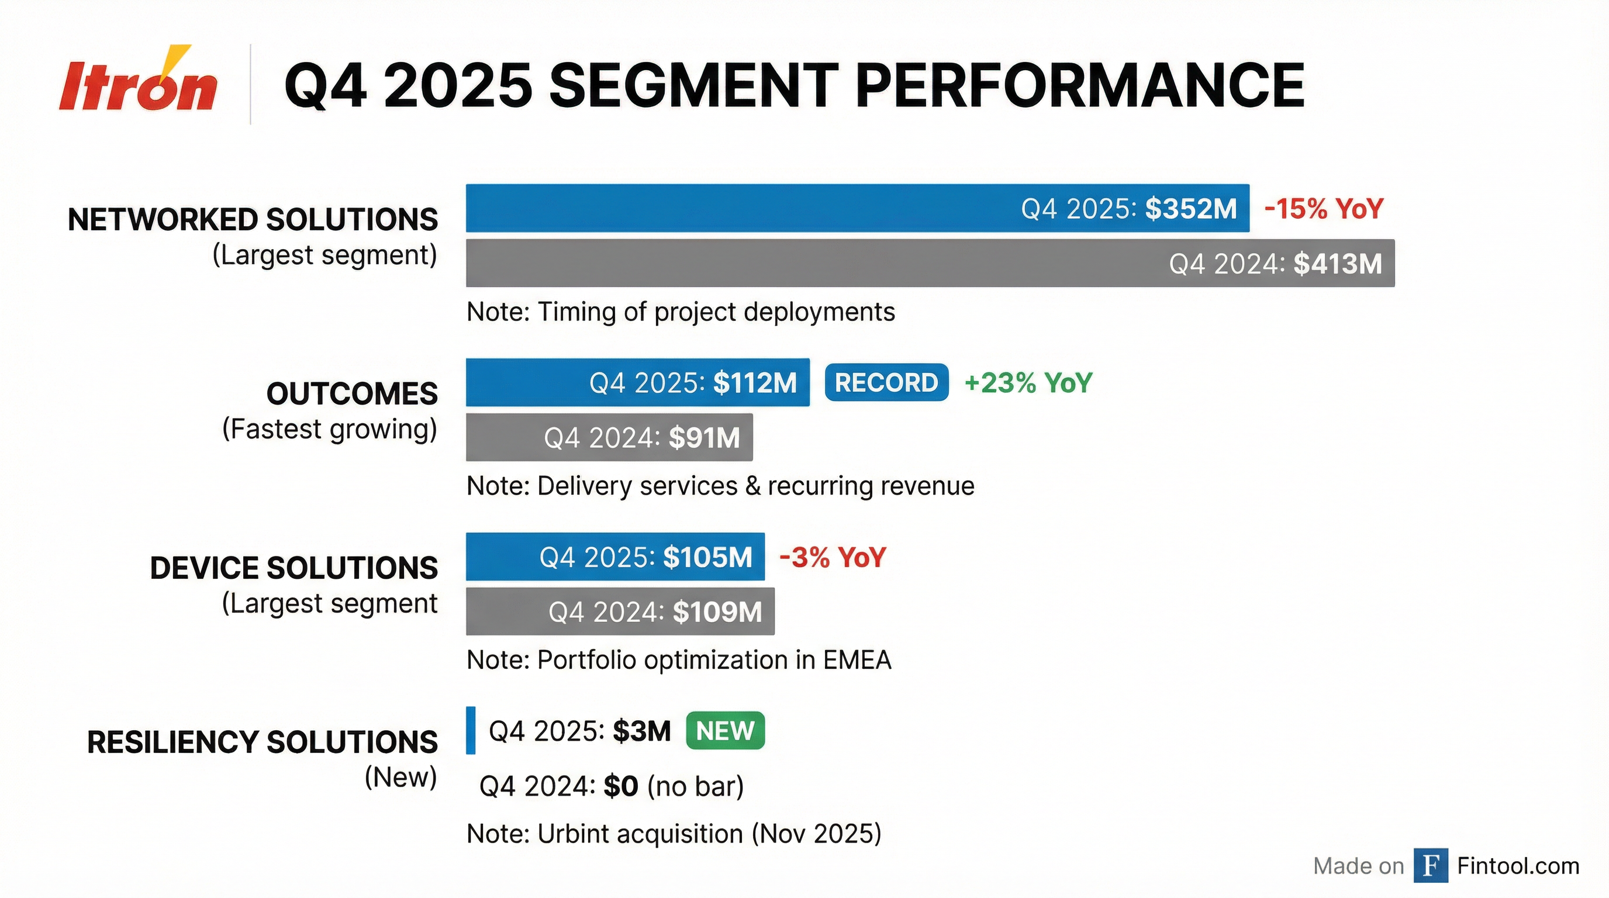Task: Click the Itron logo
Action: tap(138, 84)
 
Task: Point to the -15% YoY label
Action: tap(1324, 209)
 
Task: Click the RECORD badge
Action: tap(886, 382)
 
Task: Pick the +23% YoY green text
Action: tap(1028, 383)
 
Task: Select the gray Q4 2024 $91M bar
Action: tap(609, 437)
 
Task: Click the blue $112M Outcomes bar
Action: tap(637, 382)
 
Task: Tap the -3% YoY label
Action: tap(833, 557)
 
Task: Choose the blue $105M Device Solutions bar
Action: tap(614, 557)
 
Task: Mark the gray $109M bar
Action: tap(620, 612)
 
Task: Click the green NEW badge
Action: tap(724, 730)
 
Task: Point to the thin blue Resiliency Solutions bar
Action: tap(470, 730)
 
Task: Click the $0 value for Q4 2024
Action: tap(620, 786)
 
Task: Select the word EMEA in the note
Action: tap(857, 660)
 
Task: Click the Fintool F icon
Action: tap(1430, 865)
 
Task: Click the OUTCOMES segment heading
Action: tap(351, 394)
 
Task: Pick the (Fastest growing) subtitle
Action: tap(330, 429)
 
